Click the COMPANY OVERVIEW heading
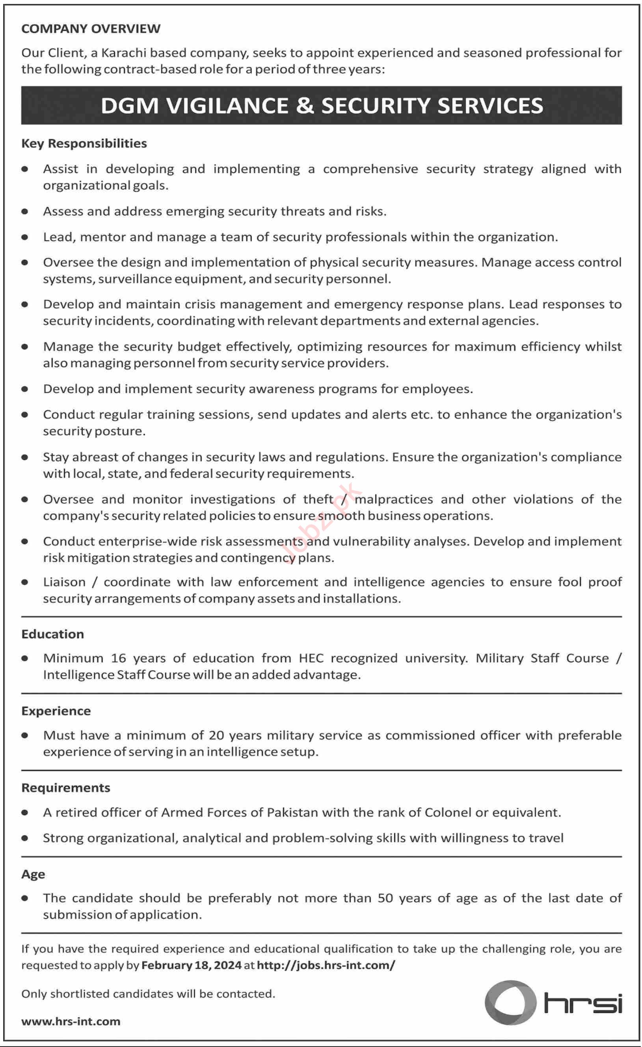click(91, 28)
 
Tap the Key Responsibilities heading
click(84, 143)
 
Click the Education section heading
click(52, 634)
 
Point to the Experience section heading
click(56, 711)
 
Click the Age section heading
click(33, 874)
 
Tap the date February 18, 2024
click(191, 965)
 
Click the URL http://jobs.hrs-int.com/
click(326, 965)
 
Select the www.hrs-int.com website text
click(71, 1021)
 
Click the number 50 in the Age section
click(385, 898)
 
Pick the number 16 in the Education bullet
click(119, 658)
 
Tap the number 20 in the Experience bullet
click(216, 736)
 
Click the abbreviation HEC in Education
click(311, 658)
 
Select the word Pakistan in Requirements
click(292, 812)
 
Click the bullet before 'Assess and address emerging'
click(25, 211)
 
